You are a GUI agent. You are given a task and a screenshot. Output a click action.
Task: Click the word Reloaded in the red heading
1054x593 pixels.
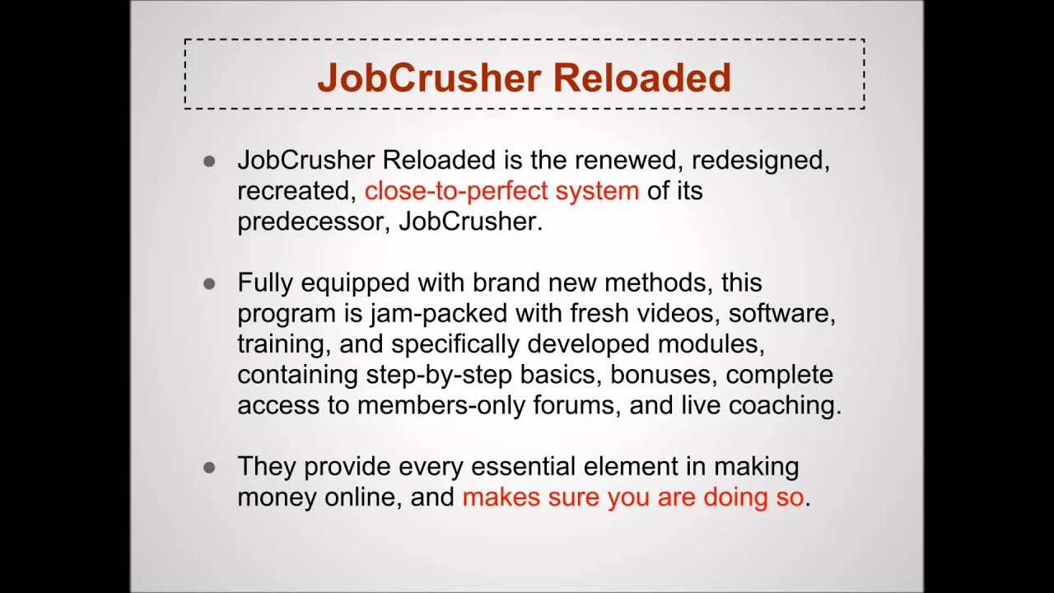tap(641, 78)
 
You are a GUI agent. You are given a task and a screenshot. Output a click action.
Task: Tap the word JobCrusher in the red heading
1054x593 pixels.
tap(428, 78)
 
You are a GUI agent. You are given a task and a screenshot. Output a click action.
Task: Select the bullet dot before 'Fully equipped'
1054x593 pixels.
tap(209, 283)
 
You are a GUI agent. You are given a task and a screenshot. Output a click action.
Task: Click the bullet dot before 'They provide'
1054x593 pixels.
tap(209, 467)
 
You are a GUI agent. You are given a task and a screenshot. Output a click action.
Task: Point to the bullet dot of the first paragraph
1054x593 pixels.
tap(209, 161)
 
